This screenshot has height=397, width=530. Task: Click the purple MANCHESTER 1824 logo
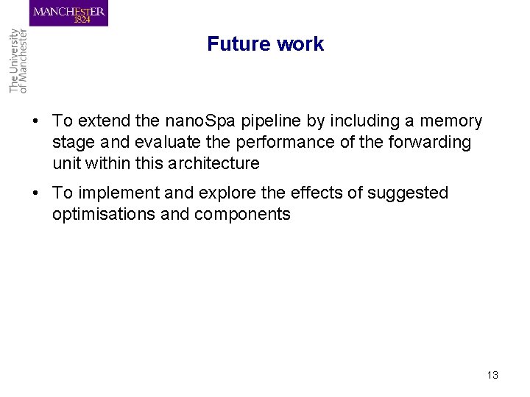point(69,13)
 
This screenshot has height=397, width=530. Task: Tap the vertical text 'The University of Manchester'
point(18,61)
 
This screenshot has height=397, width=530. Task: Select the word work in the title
point(300,44)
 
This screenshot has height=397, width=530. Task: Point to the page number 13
point(492,375)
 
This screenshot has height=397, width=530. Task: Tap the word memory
point(451,121)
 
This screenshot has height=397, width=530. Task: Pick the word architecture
point(214,163)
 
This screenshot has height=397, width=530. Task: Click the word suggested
point(409,193)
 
